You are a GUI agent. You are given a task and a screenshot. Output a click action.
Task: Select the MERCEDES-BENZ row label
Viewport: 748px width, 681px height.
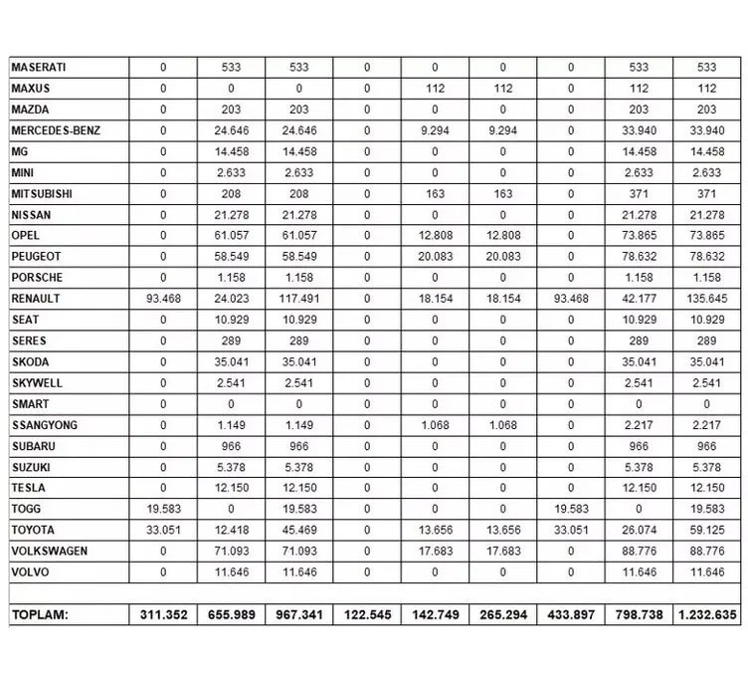pos(56,130)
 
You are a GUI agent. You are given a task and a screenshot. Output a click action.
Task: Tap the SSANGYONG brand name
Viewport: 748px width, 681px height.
pos(45,425)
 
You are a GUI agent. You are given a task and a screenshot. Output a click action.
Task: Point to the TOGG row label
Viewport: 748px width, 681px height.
pos(27,509)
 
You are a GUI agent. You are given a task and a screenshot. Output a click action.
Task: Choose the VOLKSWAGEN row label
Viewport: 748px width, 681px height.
pos(50,551)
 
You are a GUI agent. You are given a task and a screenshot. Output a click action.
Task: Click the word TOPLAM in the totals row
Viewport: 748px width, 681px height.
pos(40,615)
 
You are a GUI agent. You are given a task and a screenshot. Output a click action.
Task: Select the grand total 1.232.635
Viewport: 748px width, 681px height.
pos(706,615)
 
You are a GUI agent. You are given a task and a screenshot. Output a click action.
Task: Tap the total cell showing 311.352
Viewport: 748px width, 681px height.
pos(163,615)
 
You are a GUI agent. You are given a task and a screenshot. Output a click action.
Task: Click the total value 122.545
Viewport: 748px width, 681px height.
pos(367,615)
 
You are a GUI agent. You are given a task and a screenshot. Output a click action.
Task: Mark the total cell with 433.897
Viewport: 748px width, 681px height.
pos(570,615)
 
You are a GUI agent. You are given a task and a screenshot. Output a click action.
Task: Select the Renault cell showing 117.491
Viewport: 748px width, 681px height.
pos(298,299)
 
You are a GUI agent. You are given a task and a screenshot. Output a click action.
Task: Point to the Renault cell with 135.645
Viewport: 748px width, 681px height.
pos(706,299)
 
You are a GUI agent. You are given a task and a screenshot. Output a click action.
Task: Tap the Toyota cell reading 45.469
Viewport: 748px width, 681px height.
pos(298,530)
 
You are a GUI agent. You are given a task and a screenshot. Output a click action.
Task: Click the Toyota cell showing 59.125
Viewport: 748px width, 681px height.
pos(706,530)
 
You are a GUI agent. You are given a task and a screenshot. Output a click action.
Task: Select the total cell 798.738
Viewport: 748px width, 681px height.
pos(639,615)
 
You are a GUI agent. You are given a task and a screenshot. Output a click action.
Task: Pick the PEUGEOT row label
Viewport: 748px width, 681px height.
pos(37,257)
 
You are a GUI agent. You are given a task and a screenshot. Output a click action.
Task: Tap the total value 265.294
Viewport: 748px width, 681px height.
pos(502,615)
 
